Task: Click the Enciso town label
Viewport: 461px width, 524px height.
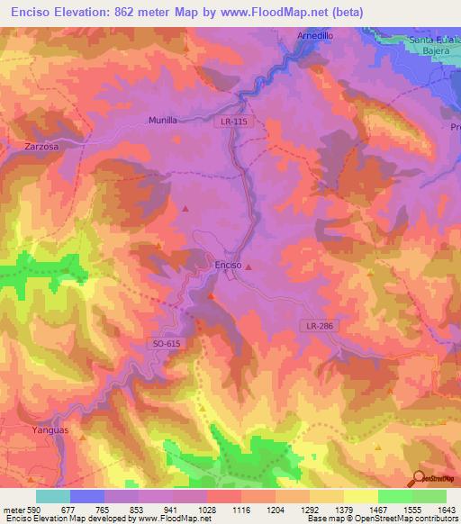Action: (x=227, y=265)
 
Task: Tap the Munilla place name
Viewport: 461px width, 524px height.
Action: (x=164, y=119)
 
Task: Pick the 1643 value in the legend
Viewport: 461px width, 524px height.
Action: (x=447, y=509)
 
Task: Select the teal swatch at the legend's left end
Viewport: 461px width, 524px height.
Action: (x=52, y=496)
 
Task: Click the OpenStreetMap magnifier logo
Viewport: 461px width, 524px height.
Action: (x=417, y=477)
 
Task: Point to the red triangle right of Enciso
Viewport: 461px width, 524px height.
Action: (x=249, y=267)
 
